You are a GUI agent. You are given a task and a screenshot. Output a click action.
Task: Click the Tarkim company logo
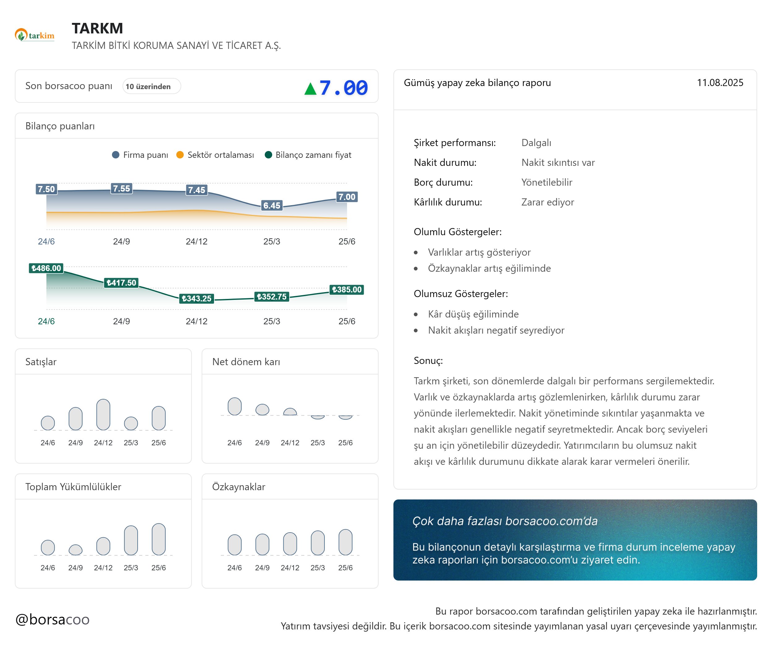(35, 35)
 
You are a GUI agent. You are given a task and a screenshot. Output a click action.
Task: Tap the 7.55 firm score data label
(121, 189)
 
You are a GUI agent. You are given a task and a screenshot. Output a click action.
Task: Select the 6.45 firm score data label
(272, 205)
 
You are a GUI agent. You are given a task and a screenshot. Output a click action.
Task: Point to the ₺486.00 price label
(46, 268)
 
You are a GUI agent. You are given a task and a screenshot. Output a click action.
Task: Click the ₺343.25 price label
(196, 298)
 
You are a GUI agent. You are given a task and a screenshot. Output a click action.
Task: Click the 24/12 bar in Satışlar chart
(103, 414)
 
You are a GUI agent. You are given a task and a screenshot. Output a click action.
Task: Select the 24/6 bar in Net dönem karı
(234, 406)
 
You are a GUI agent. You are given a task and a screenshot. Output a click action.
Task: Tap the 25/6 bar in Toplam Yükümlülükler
(159, 539)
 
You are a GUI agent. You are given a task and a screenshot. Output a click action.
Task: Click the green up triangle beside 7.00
(310, 89)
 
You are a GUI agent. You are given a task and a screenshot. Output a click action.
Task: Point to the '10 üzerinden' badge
(151, 86)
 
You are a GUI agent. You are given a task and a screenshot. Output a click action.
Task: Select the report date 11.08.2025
(720, 83)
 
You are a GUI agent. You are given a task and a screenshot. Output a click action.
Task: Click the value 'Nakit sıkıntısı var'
(558, 162)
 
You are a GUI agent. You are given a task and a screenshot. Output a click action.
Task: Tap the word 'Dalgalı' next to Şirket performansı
(536, 143)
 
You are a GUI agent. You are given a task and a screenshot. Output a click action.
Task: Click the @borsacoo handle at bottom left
(53, 619)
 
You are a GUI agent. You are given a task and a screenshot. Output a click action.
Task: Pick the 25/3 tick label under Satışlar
(131, 443)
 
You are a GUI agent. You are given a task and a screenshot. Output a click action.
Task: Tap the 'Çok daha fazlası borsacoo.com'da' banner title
(505, 521)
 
